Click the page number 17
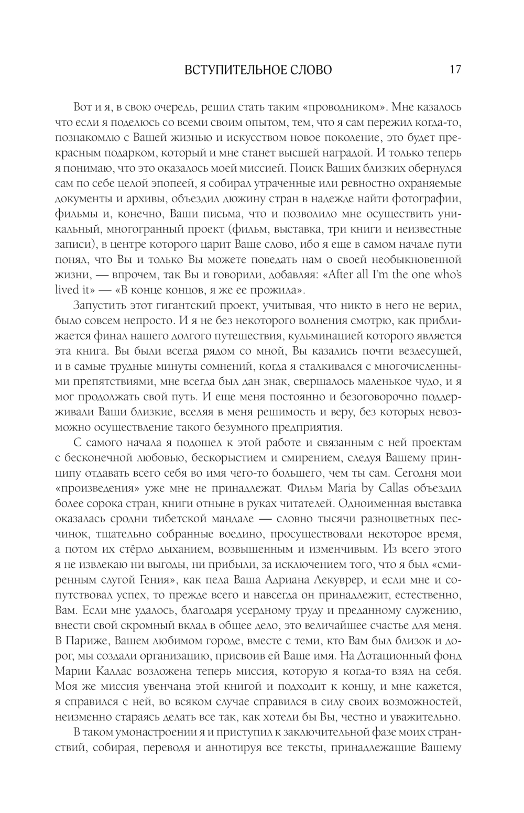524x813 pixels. pos(454,70)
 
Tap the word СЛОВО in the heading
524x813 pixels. pos(310,70)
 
